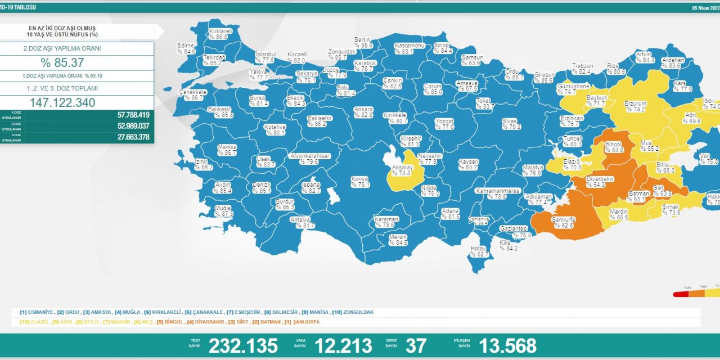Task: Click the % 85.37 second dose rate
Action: pyautogui.click(x=62, y=62)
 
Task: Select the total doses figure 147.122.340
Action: pyautogui.click(x=62, y=102)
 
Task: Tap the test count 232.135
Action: pyautogui.click(x=243, y=345)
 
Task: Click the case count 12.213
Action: pyautogui.click(x=343, y=345)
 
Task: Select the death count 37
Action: pyautogui.click(x=416, y=345)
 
